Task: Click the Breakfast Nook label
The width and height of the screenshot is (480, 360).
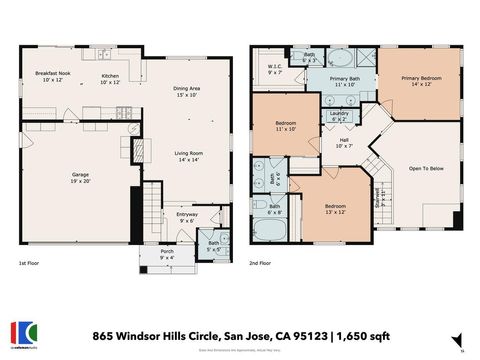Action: point(51,77)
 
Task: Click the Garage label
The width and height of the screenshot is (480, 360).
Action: point(80,177)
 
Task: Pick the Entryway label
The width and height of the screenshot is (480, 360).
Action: point(187,217)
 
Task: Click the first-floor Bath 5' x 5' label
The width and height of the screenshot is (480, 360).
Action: point(214,245)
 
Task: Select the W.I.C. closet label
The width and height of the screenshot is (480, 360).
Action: point(275,69)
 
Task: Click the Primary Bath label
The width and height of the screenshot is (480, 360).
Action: point(346,82)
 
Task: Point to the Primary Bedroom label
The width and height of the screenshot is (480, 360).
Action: point(421,81)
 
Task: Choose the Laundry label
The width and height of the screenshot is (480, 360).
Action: point(338,116)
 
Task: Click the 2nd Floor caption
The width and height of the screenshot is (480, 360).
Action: point(261,264)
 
